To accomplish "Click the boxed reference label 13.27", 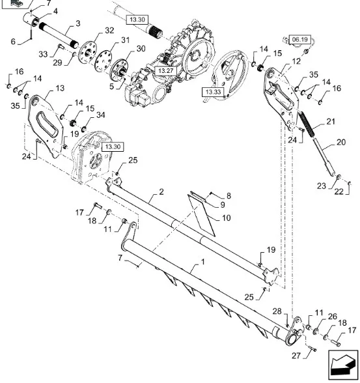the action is tap(165, 71).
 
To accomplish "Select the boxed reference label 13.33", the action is tap(213, 92).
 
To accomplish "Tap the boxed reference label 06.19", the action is tap(300, 39).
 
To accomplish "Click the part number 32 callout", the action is tap(109, 30).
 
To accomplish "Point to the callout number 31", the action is tap(125, 40).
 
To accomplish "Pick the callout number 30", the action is tap(141, 49).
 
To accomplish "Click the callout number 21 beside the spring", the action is tap(331, 121).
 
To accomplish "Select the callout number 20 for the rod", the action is tap(341, 142).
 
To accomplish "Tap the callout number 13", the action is tap(60, 88).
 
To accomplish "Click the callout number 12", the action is tap(296, 61).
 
